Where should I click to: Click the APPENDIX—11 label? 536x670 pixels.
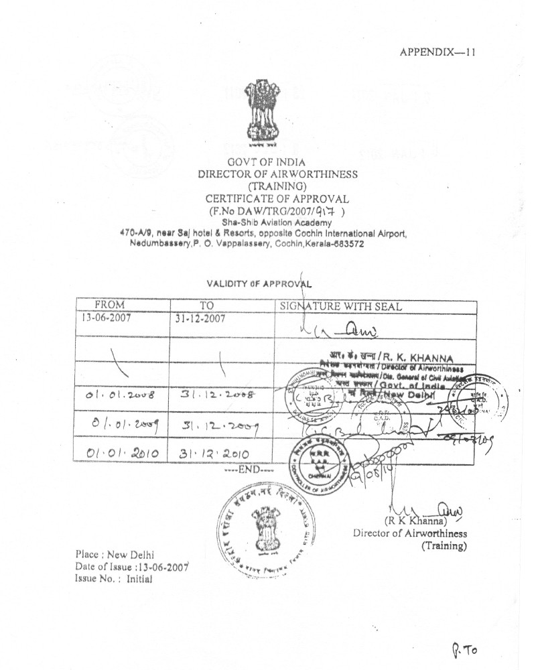[438, 52]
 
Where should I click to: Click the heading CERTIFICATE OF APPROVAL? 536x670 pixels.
[277, 198]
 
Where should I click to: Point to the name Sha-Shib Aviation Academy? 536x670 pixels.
[277, 222]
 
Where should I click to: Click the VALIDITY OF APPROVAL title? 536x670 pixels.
[259, 283]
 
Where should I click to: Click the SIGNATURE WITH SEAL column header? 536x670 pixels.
[340, 307]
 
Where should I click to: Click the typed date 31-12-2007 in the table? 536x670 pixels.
[200, 318]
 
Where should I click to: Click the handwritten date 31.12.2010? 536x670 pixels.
[213, 454]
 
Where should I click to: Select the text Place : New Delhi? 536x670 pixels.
[115, 555]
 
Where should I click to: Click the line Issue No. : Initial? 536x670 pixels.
[113, 579]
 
